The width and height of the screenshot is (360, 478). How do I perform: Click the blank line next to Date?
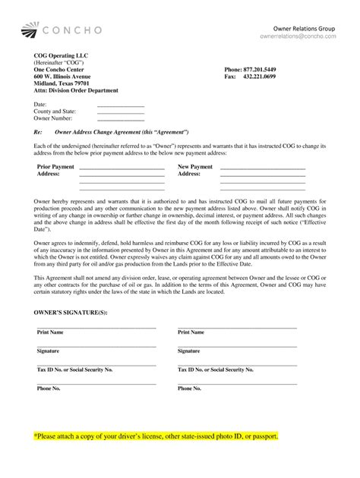[x=120, y=105]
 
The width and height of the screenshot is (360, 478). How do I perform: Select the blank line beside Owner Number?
[x=120, y=120]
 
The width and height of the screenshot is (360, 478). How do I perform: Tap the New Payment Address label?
[x=195, y=170]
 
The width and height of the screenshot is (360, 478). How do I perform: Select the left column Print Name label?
[x=50, y=332]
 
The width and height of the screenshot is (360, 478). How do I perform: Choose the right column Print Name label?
[x=191, y=332]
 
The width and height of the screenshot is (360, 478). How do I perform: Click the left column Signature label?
[x=49, y=351]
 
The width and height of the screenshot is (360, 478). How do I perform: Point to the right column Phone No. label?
[x=189, y=388]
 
